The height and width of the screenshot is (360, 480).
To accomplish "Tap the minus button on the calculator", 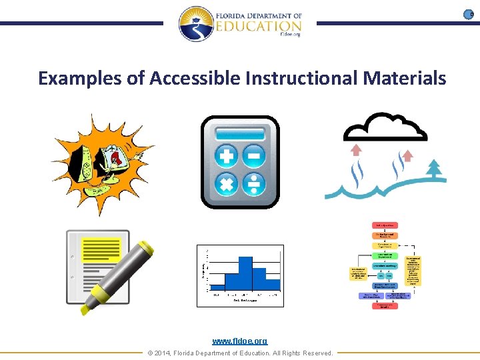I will coord(254,157).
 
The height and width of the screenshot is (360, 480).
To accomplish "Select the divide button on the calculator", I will coord(254,183).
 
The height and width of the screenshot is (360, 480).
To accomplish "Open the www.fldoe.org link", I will coord(240,341).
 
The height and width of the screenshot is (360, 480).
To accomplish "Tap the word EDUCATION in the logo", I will coord(259,26).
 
